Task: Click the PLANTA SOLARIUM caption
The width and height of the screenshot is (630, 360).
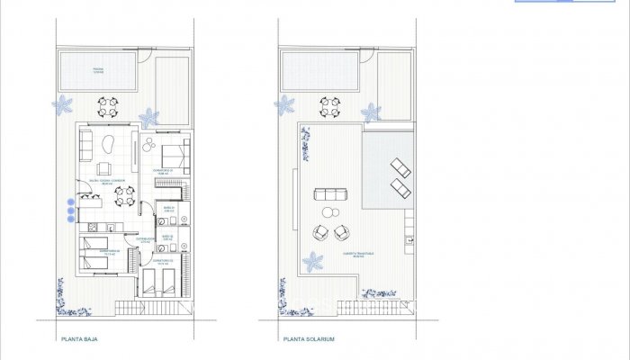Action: [x=309, y=340]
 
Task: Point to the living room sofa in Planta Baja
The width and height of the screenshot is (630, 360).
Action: [x=86, y=144]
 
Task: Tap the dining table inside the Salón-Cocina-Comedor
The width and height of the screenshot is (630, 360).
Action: [x=125, y=194]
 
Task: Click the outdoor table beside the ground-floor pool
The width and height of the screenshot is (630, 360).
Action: [x=108, y=107]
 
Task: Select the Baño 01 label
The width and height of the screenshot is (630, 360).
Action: [x=167, y=209]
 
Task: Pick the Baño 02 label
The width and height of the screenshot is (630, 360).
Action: [x=167, y=238]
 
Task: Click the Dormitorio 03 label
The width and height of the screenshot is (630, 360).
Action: [x=163, y=261]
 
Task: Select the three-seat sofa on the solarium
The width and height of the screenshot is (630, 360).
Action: [x=328, y=193]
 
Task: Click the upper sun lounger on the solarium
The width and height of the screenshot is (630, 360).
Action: [x=400, y=168]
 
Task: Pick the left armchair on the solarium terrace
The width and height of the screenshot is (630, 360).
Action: [x=319, y=232]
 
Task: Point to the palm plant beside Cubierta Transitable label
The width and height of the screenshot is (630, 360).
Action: [x=313, y=263]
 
